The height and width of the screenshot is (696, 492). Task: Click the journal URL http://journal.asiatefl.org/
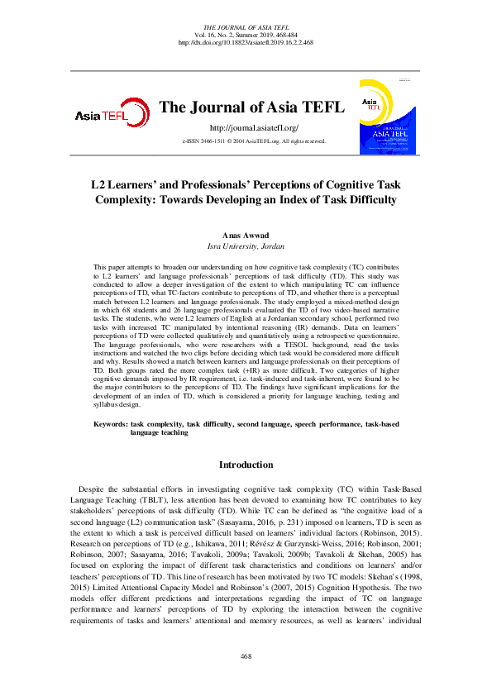pyautogui.click(x=253, y=128)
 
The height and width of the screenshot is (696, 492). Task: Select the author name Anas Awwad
pyautogui.click(x=246, y=235)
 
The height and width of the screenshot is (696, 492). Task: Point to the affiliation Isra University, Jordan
pyautogui.click(x=246, y=246)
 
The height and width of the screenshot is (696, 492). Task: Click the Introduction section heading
pyautogui.click(x=246, y=465)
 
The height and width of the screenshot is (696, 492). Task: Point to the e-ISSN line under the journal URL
pyautogui.click(x=253, y=142)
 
